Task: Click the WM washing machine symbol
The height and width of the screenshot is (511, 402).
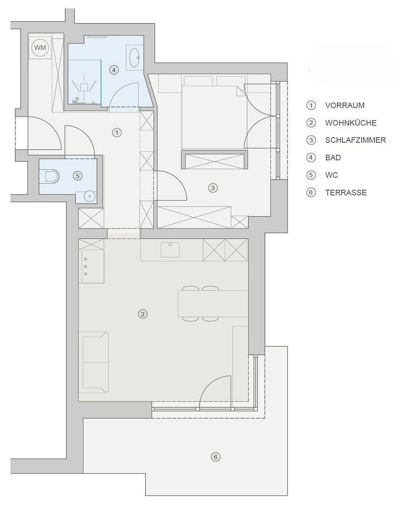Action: (40, 48)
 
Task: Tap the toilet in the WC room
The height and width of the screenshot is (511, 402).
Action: (51, 176)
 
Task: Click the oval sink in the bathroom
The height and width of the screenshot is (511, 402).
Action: (134, 58)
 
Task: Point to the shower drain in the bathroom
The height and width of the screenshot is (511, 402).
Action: (85, 87)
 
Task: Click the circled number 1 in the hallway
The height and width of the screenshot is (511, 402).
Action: (117, 132)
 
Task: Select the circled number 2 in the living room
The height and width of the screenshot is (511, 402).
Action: (142, 314)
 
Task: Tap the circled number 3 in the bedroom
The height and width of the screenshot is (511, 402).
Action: (213, 188)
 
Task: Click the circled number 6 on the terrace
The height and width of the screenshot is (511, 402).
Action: (216, 457)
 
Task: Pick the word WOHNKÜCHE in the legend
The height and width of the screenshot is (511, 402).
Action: (350, 123)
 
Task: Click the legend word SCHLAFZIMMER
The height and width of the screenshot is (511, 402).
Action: (355, 140)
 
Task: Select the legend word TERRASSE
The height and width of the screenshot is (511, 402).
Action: (346, 193)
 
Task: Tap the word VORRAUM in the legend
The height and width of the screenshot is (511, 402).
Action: (345, 106)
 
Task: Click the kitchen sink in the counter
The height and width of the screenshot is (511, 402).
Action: (170, 249)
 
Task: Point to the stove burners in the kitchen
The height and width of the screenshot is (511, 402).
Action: (86, 266)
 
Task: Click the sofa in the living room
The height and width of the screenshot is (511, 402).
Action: (95, 362)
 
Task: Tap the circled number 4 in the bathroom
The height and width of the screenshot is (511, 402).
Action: (114, 70)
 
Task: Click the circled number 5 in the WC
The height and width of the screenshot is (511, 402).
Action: (78, 176)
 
